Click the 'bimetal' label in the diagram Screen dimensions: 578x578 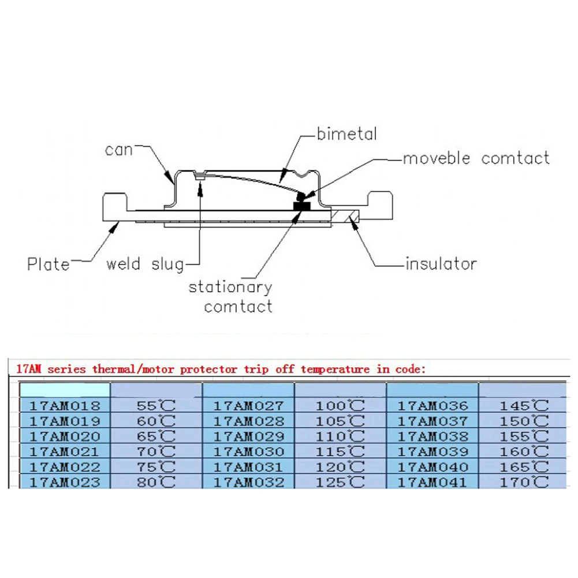[346, 134]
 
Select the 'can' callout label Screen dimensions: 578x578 [119, 150]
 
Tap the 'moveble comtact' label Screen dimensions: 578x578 [476, 158]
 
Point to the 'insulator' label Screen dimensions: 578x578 [441, 264]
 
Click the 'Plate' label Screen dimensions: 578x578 [49, 264]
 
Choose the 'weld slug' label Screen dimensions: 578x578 [145, 264]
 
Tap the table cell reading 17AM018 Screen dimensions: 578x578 [65, 405]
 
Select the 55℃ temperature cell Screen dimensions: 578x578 [156, 405]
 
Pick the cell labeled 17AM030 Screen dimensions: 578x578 [249, 452]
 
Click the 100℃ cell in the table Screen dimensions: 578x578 [341, 405]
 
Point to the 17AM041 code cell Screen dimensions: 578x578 [432, 482]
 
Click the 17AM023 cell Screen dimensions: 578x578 [65, 482]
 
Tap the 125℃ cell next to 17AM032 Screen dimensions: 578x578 [341, 482]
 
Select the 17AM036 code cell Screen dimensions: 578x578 [432, 405]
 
